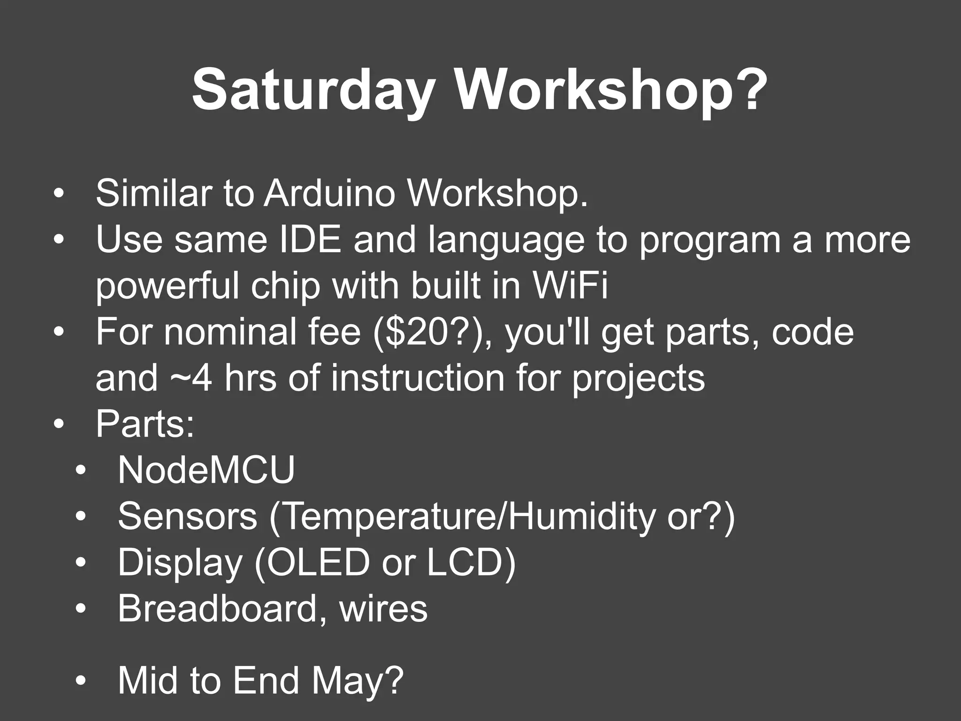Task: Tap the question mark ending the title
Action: [x=747, y=89]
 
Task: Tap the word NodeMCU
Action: [x=206, y=470]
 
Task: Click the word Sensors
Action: [x=187, y=516]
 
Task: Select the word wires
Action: [x=383, y=609]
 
